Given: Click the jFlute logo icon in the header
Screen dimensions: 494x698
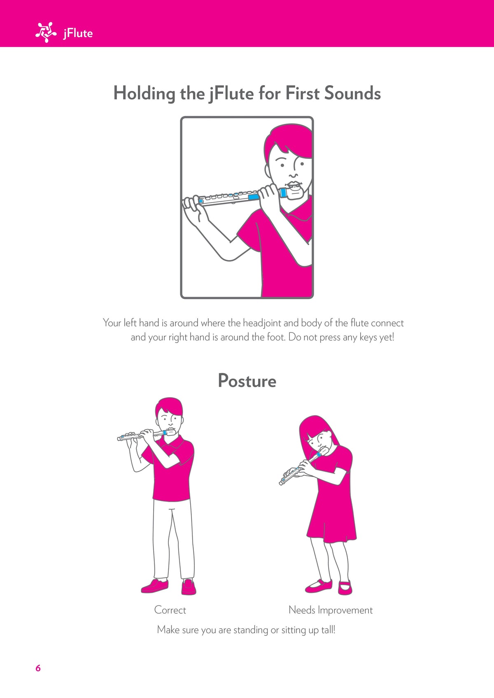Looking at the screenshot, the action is [46, 32].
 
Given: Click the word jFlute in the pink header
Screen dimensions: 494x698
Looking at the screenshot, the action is [78, 33].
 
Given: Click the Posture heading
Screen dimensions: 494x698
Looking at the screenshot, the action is [247, 381].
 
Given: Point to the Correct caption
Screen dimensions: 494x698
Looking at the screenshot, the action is [170, 610].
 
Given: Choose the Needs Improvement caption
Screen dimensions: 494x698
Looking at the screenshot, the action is [331, 610].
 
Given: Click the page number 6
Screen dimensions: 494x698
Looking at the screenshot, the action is [38, 668].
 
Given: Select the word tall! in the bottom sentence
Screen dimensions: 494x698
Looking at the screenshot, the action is [328, 629].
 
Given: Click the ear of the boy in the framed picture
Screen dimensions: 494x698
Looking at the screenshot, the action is [268, 171].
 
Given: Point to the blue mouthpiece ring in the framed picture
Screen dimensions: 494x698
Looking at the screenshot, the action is [283, 193].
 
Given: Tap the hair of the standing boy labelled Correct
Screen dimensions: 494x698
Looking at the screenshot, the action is [169, 406].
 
